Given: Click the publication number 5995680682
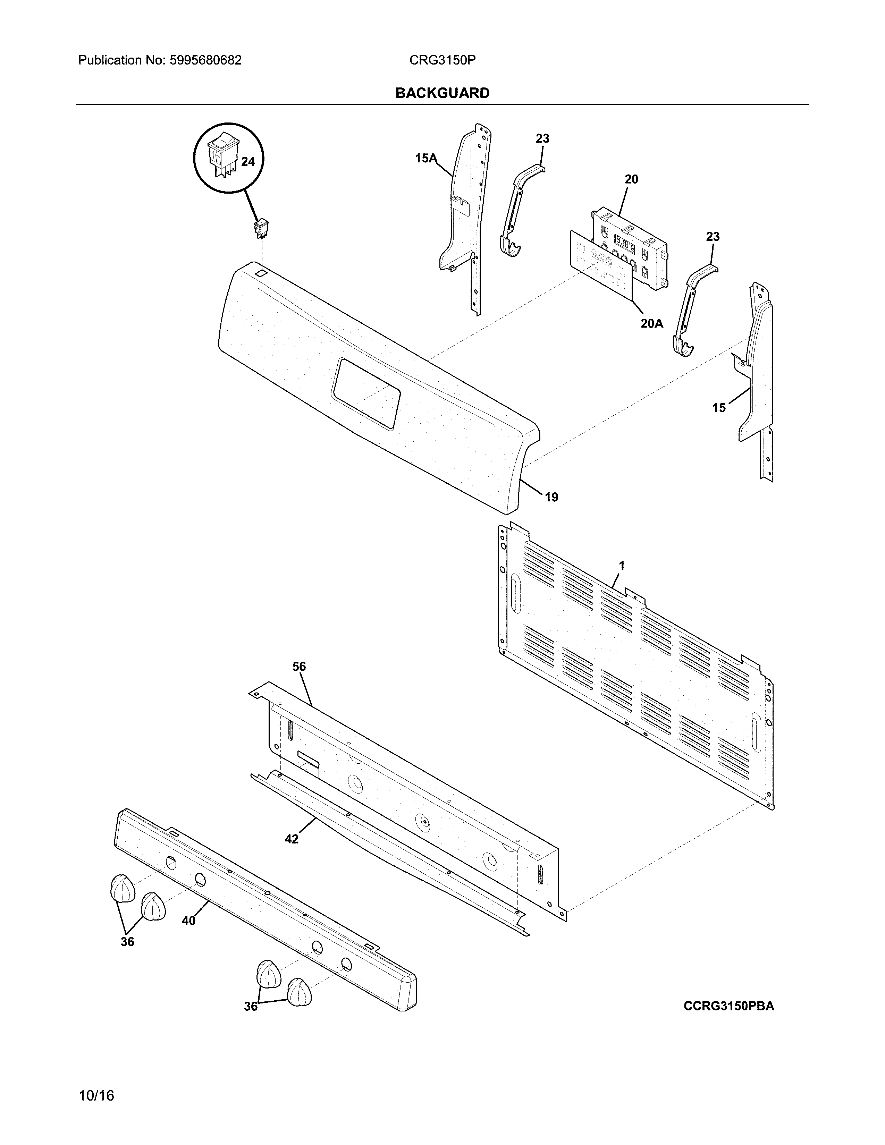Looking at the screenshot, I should (x=205, y=60).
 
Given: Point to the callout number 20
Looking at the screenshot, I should (x=631, y=179).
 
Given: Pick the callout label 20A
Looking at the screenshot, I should (x=652, y=323).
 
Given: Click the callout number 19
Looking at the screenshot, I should (x=551, y=497).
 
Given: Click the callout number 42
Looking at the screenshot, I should (x=292, y=839).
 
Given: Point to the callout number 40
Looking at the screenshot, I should (x=189, y=920).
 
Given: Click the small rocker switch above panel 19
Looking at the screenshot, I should (x=260, y=229).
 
